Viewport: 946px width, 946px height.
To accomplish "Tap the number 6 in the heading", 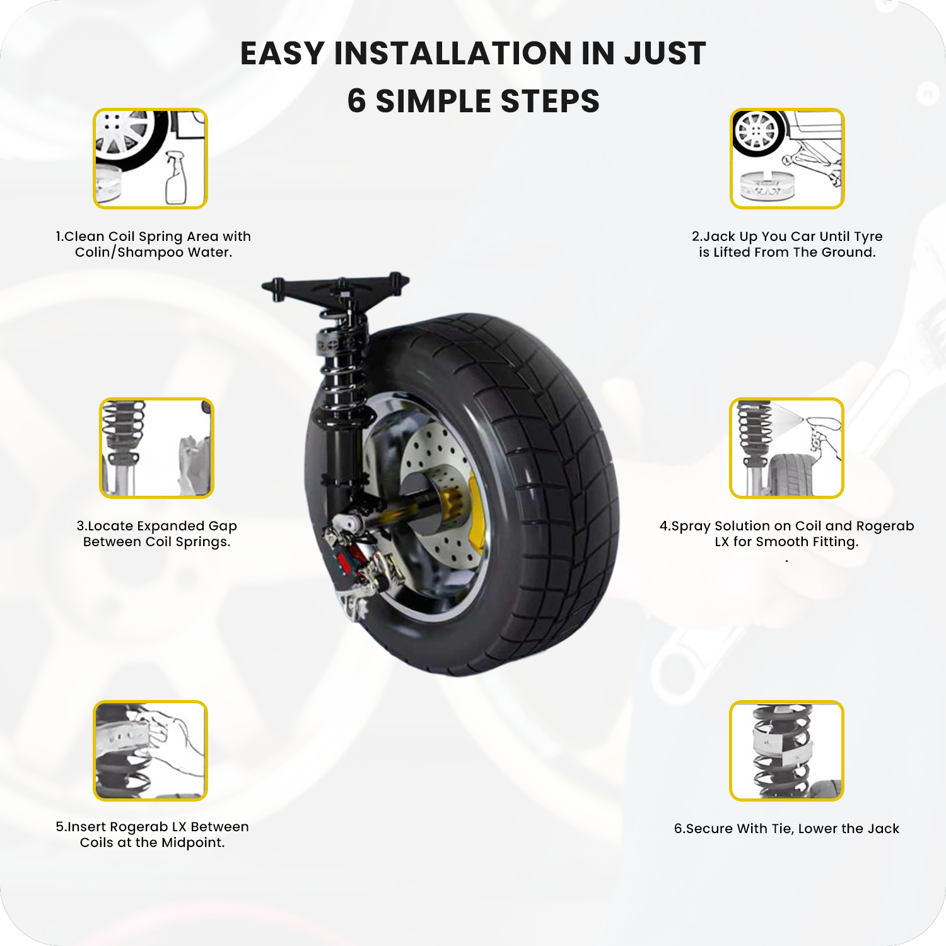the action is pyautogui.click(x=356, y=101).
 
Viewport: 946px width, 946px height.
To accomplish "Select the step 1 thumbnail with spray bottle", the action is pyautogui.click(x=150, y=158).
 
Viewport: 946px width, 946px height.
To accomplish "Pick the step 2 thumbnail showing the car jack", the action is pyautogui.click(x=787, y=158).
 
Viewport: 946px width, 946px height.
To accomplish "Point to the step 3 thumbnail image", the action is pyautogui.click(x=156, y=448).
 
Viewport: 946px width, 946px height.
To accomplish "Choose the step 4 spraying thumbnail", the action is pyautogui.click(x=786, y=448).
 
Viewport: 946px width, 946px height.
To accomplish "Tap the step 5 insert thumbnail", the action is pyautogui.click(x=150, y=750).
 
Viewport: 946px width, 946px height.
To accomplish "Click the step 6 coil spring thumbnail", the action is pyautogui.click(x=786, y=750).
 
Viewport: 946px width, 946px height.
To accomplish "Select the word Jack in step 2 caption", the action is pyautogui.click(x=719, y=237).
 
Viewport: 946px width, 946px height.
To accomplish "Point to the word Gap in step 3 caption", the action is pyautogui.click(x=223, y=526).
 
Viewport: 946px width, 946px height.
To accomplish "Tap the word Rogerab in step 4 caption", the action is pyautogui.click(x=885, y=526).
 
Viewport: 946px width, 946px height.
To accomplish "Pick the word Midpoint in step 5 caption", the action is pyautogui.click(x=192, y=843).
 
